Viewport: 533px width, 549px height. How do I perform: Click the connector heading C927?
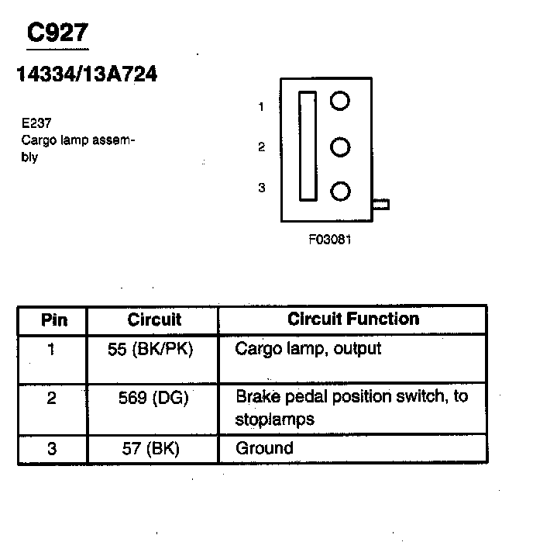(x=58, y=33)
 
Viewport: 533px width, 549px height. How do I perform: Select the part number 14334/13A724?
(x=87, y=74)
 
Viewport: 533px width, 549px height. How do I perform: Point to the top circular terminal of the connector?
(x=339, y=101)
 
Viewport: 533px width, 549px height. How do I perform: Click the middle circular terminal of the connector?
(x=339, y=147)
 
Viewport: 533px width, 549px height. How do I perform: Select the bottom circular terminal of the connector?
(x=339, y=192)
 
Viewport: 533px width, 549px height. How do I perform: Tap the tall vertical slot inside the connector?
(x=308, y=147)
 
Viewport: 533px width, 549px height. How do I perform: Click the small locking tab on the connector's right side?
(x=381, y=205)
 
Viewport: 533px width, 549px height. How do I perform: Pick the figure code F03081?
(x=330, y=240)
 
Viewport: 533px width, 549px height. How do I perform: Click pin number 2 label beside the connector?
(x=262, y=147)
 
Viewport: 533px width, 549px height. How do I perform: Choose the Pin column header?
(x=53, y=319)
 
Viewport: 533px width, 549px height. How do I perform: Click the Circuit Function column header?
(x=352, y=319)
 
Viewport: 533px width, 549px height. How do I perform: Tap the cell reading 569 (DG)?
(x=153, y=398)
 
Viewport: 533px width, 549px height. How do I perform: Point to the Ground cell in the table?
(x=265, y=448)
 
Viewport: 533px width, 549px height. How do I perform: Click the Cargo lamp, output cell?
(x=308, y=349)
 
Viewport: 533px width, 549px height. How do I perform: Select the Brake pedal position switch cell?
(x=352, y=408)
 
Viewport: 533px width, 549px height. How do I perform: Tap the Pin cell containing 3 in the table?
(x=51, y=448)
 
